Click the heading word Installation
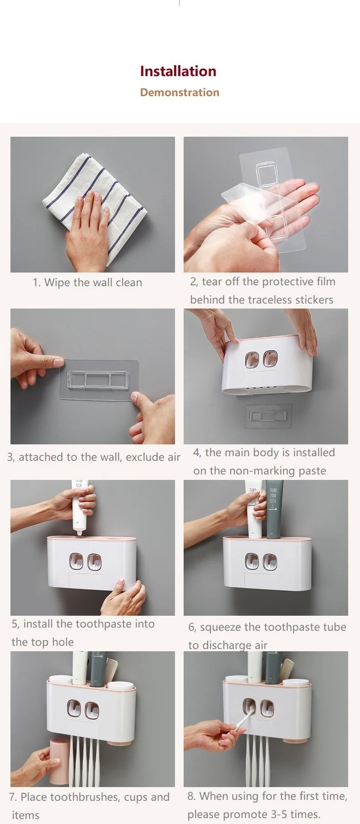(178, 71)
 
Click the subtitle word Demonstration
(180, 93)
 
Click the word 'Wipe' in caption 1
(57, 283)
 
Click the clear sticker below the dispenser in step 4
(268, 416)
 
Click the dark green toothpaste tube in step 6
(274, 509)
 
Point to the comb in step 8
(286, 669)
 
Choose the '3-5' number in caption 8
(269, 814)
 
